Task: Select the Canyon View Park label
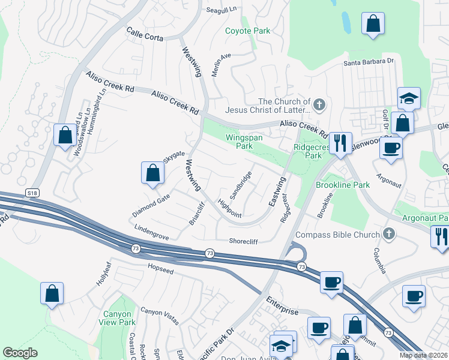point(119,318)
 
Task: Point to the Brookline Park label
point(343,185)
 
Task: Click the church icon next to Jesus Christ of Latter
point(319,106)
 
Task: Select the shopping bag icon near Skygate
point(153,173)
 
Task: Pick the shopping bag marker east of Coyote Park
point(373,24)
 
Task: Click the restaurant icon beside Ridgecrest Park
point(340,143)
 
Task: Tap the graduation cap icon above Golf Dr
point(409,98)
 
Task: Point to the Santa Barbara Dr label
point(368,61)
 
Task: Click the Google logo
point(20,353)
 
